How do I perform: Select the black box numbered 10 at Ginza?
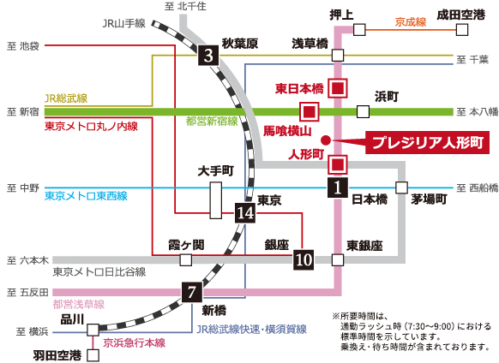(x=304, y=259)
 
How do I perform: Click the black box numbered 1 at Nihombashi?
(x=339, y=185)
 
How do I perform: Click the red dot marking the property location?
(x=325, y=140)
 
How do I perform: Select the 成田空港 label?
(x=460, y=14)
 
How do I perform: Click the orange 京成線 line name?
(x=411, y=21)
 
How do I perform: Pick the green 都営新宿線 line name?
(x=213, y=122)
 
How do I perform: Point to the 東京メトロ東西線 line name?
(x=86, y=196)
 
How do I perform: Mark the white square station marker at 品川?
(x=91, y=326)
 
